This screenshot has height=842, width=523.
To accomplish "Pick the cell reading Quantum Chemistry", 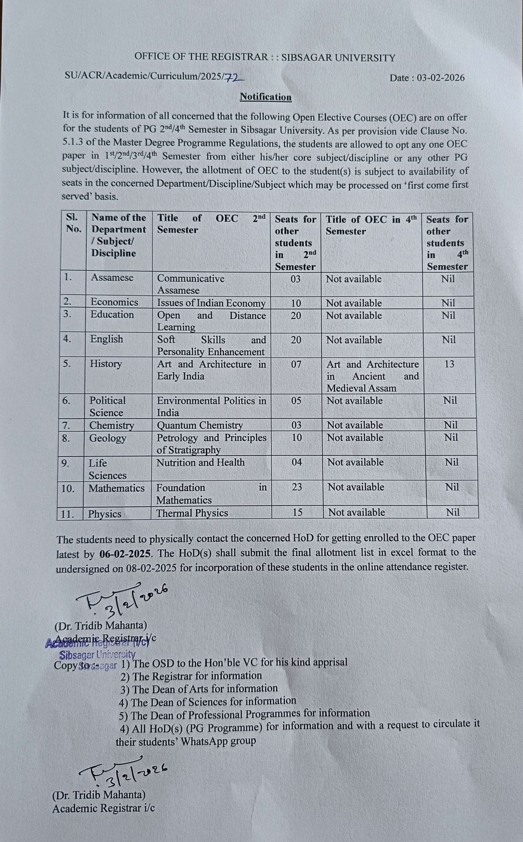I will (x=200, y=425).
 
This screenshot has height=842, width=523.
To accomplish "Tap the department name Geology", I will (x=108, y=438).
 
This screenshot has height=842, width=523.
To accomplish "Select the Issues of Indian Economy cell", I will (x=211, y=303).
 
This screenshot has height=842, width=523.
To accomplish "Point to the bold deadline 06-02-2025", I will (x=125, y=554).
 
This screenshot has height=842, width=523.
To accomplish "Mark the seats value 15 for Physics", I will (x=298, y=512).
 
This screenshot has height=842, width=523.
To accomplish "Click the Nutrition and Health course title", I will (x=200, y=463).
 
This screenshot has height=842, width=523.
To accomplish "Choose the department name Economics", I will (x=114, y=302).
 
